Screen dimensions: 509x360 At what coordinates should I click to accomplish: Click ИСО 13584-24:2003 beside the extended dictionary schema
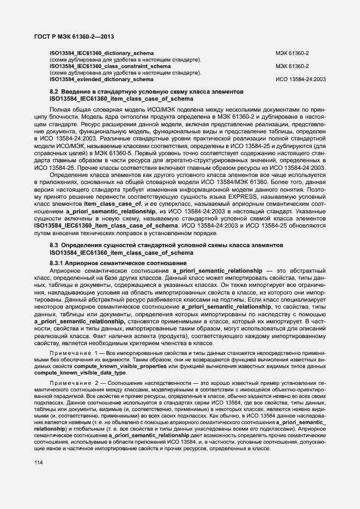coord(301,79)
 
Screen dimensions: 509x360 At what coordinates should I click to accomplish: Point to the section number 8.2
coord(54,92)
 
